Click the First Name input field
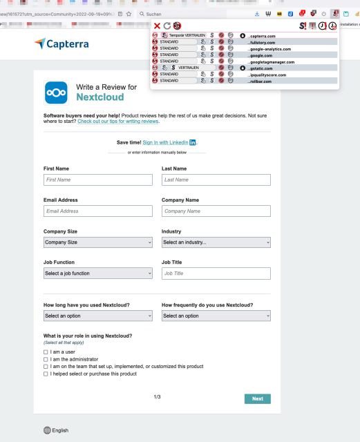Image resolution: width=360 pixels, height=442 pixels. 97,180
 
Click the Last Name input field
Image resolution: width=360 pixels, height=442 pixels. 216,180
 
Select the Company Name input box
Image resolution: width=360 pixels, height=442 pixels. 216,211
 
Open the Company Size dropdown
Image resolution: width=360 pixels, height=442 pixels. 97,242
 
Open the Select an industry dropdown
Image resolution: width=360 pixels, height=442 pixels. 216,242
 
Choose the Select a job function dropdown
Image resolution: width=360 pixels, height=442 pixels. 97,273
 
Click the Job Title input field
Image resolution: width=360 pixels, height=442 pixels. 216,273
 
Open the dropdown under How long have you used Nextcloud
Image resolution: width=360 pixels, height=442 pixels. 97,316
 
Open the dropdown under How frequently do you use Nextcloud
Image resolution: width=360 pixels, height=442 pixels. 216,316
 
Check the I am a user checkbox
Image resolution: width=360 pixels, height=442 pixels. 46,352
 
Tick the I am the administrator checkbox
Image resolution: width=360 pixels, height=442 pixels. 46,359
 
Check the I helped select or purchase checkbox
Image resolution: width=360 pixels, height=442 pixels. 46,374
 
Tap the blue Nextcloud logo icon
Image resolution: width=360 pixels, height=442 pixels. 56,93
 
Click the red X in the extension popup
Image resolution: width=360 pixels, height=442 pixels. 157,26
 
